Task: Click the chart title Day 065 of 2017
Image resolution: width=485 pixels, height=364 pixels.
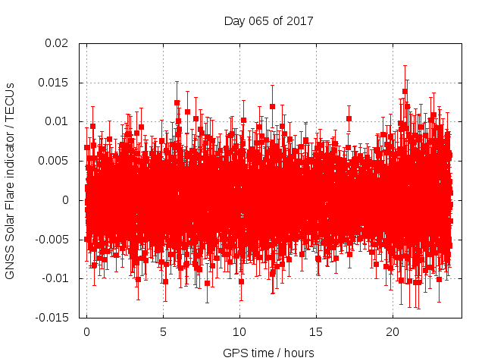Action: (268, 20)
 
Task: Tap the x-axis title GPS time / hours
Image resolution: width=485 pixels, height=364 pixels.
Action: (268, 353)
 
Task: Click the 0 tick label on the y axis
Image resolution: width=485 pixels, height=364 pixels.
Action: (72, 200)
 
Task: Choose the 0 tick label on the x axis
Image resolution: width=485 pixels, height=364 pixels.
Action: (86, 332)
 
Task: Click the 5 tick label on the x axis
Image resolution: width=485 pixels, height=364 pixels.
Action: (163, 332)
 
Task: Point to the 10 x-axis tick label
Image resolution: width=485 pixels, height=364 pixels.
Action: (239, 332)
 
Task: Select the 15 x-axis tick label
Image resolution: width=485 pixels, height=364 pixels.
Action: (316, 332)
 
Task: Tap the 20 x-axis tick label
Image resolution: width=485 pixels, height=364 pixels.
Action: (393, 332)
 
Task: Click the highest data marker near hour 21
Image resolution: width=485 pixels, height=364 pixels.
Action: (405, 92)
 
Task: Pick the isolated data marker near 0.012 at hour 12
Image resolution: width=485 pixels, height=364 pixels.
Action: (272, 106)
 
